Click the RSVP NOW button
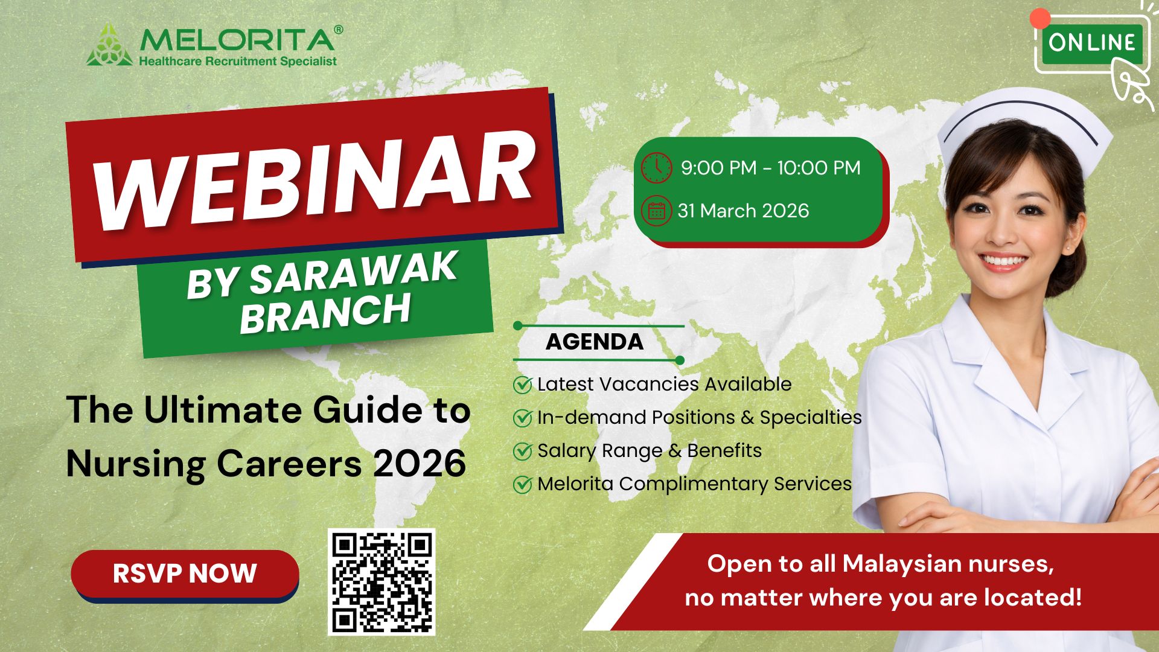185,574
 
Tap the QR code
382,582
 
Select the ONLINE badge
1091,43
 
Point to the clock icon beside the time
656,167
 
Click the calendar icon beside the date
656,211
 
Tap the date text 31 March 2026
743,211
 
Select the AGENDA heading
595,342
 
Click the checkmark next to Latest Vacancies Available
522,385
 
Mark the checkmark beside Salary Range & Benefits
522,451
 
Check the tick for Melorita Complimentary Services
522,484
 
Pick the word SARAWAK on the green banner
353,273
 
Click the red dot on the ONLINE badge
1040,19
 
